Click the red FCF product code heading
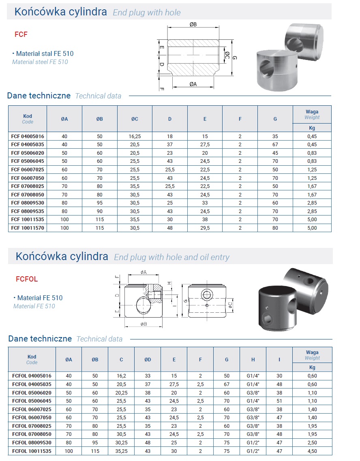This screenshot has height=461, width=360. click(x=21, y=34)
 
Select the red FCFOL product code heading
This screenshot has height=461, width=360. click(x=27, y=279)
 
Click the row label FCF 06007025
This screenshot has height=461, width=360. click(x=28, y=170)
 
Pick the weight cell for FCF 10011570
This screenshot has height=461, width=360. click(x=312, y=228)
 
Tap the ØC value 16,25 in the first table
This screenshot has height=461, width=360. click(x=135, y=137)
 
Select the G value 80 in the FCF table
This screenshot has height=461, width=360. click(x=275, y=228)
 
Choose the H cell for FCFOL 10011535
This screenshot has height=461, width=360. click(x=253, y=450)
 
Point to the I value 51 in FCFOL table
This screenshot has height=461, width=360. click(x=279, y=401)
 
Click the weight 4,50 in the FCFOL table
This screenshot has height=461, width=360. click(x=312, y=450)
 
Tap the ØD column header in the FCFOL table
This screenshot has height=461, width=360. click(x=148, y=359)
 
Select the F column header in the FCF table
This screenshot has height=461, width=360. click(x=240, y=119)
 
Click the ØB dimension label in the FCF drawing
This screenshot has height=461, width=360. click(x=193, y=25)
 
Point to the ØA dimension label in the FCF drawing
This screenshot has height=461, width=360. click(x=193, y=84)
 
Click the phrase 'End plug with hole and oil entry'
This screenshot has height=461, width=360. click(x=171, y=257)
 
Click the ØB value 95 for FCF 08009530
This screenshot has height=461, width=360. click(x=99, y=203)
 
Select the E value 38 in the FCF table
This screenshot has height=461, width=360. click(x=205, y=220)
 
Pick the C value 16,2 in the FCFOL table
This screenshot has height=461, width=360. click(x=121, y=376)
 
